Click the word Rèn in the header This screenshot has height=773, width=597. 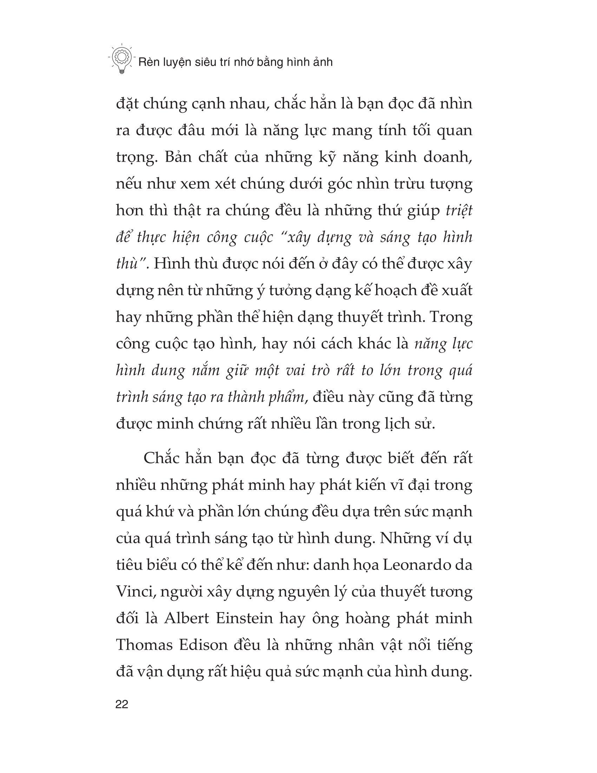click(148, 62)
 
